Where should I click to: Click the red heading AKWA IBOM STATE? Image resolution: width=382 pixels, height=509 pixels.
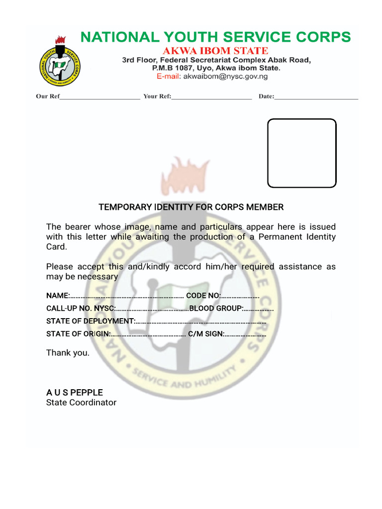click(216, 51)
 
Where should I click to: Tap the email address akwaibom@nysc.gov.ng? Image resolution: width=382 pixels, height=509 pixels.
click(225, 77)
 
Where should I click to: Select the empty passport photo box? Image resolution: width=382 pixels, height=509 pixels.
click(302, 153)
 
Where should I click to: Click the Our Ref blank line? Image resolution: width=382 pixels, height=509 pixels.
click(99, 96)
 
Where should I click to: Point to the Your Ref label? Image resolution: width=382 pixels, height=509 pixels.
click(157, 96)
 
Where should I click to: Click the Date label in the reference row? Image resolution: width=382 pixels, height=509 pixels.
click(266, 96)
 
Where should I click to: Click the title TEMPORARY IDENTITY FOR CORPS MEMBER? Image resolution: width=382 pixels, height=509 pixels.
click(191, 207)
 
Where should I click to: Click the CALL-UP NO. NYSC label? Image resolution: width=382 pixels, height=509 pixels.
click(81, 308)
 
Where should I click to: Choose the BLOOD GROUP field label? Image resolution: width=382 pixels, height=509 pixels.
click(216, 308)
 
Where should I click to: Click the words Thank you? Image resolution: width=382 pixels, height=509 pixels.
click(68, 353)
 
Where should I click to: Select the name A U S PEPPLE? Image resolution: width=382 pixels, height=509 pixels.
click(75, 393)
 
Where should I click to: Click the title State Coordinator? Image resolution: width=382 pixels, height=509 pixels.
click(81, 403)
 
